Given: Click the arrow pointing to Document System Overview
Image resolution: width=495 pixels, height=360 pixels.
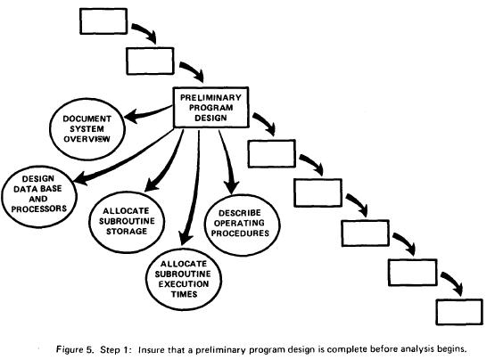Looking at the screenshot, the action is coord(148,113).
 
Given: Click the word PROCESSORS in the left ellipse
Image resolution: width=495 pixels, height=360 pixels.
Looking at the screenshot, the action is coord(39,209).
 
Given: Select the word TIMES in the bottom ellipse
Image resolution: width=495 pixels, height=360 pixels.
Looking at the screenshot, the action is coord(184,294).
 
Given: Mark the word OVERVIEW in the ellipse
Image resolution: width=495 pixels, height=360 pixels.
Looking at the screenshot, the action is coord(87,139).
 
